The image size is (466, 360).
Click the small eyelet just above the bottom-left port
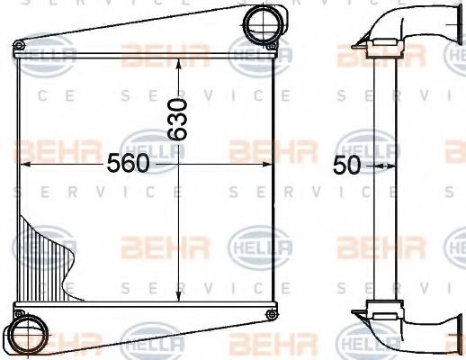tap(19, 311)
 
